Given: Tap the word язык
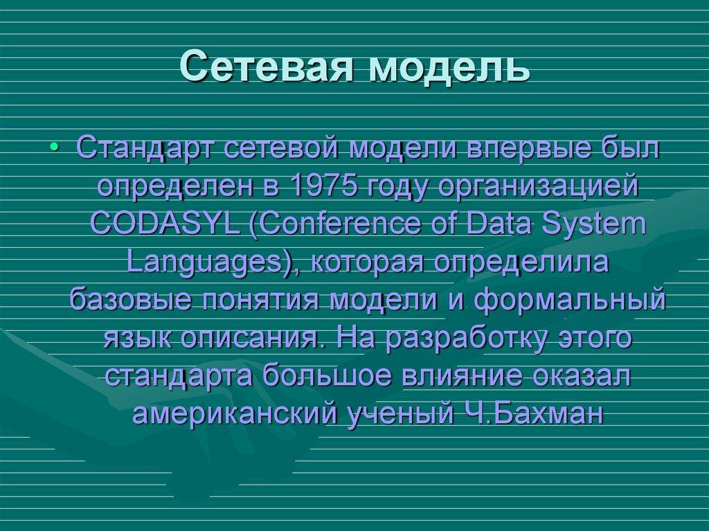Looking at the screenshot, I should [138, 339].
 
